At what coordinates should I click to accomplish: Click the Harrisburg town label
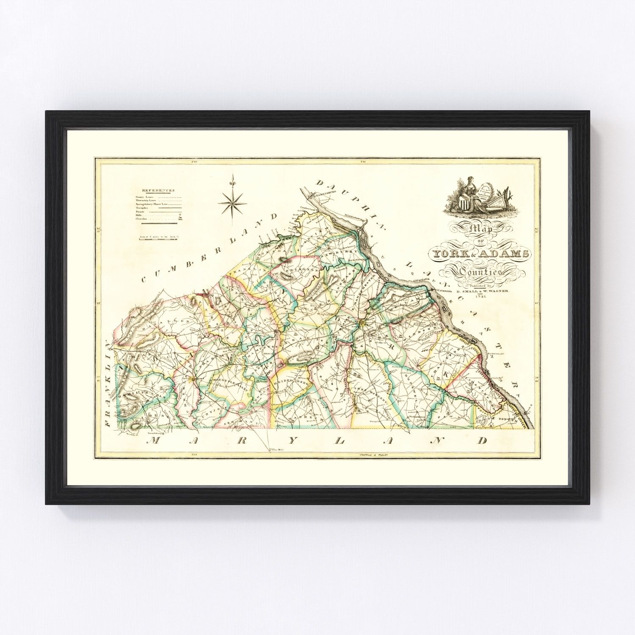(326, 195)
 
